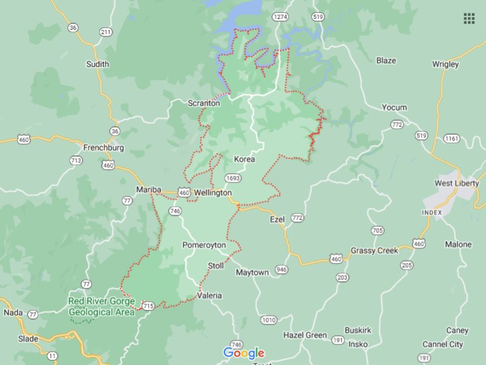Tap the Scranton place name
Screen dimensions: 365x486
point(204,103)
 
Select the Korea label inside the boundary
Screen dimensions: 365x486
point(244,159)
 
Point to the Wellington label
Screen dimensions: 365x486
point(213,193)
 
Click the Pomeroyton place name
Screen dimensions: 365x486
point(204,245)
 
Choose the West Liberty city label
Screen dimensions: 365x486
point(457,183)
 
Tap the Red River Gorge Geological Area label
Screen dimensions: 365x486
point(101,307)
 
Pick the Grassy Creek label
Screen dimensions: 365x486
point(374,251)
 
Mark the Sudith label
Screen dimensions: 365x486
point(98,64)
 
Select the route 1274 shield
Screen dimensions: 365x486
point(280,16)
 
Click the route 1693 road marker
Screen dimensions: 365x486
point(232,178)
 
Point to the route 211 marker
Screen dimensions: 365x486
point(106,32)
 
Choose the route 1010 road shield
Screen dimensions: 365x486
point(269,320)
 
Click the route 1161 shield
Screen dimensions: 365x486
point(451,139)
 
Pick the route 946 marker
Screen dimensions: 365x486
point(281,269)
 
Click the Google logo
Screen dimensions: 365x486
point(244,353)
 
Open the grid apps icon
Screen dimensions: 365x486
point(469,18)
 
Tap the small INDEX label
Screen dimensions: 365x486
point(431,212)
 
